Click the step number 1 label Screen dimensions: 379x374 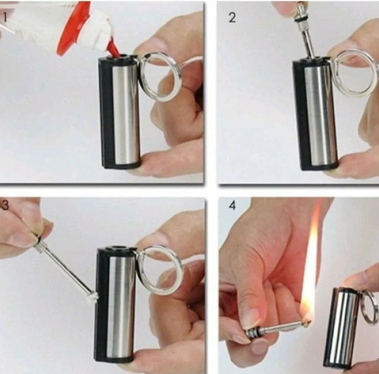[4, 18]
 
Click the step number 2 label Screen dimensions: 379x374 [232, 18]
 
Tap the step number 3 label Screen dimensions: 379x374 [5, 205]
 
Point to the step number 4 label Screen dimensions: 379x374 [232, 206]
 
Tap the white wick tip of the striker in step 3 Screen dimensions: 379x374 [94, 295]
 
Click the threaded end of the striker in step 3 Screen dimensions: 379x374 [40, 245]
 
